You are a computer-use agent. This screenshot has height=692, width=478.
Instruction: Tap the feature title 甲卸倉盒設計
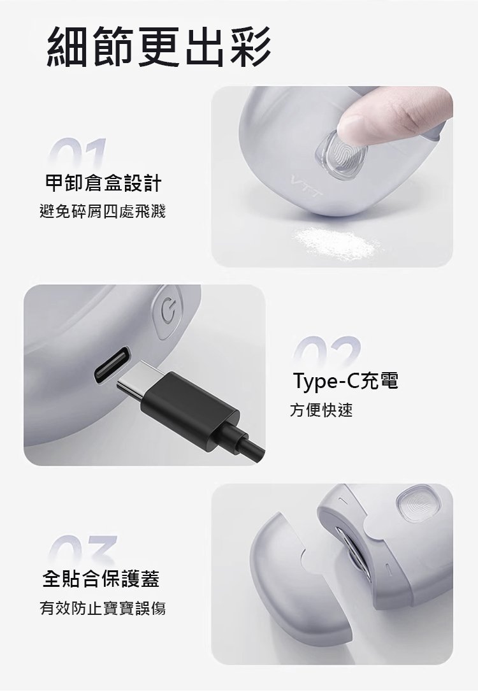(104, 183)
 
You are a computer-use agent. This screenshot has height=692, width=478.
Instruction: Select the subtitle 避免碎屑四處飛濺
(103, 212)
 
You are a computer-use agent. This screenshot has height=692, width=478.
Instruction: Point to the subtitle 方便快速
(321, 410)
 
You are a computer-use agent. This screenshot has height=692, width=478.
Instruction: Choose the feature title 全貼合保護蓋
(101, 579)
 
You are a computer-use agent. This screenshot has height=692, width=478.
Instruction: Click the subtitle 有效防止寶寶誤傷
(103, 608)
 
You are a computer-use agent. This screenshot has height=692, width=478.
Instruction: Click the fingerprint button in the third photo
(415, 504)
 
